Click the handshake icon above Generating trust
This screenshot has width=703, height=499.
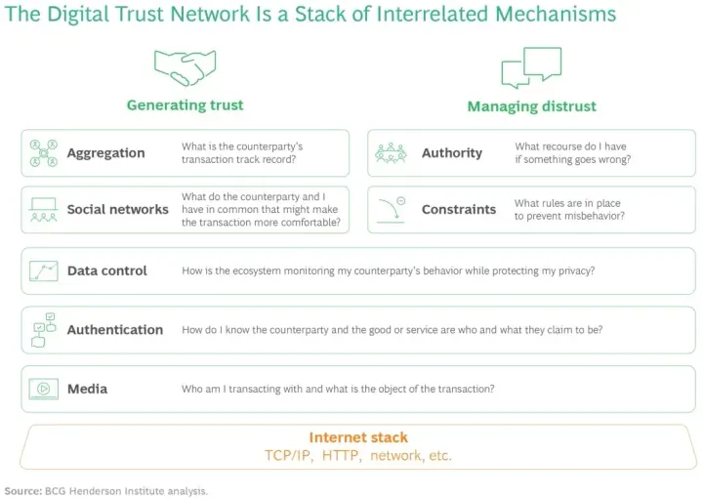click(185, 67)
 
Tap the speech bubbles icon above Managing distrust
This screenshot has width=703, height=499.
click(531, 67)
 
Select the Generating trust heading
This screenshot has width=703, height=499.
click(185, 104)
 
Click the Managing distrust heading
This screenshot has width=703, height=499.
click(532, 106)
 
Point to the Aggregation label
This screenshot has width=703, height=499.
click(105, 153)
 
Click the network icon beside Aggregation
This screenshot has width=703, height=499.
click(44, 153)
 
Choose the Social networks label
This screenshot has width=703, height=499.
click(118, 209)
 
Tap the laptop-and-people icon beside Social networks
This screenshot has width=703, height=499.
click(44, 210)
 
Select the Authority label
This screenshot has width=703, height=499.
click(452, 153)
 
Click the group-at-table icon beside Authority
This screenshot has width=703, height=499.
click(391, 153)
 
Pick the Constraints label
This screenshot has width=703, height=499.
click(459, 209)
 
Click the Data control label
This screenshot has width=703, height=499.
click(107, 270)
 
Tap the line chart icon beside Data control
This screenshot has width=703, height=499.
click(44, 270)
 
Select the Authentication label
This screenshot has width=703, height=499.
click(115, 330)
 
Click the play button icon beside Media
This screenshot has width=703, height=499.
click(44, 389)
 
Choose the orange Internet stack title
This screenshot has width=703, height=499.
click(358, 437)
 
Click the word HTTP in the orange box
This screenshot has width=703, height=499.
click(341, 455)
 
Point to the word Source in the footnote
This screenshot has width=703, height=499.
click(22, 491)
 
